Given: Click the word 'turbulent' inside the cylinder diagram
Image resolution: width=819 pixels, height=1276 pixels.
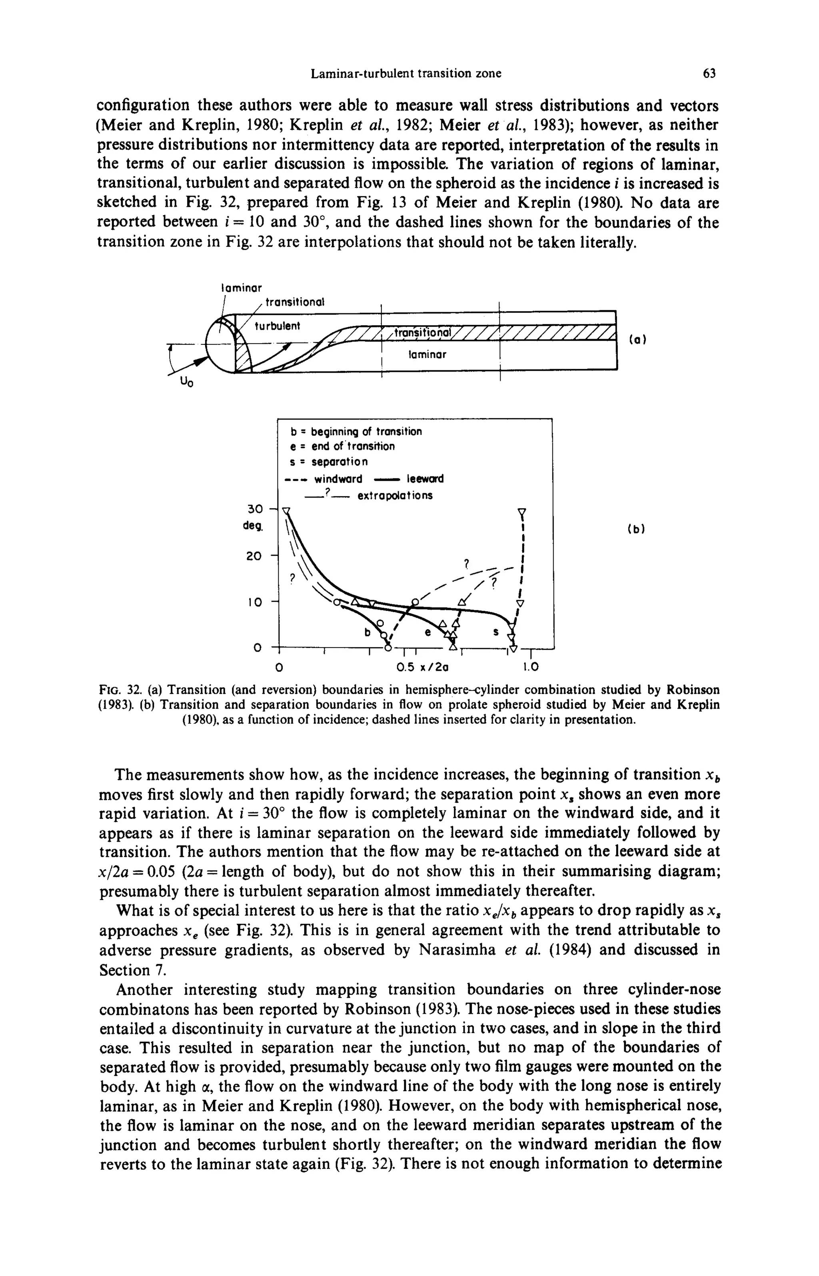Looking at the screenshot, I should point(277,325).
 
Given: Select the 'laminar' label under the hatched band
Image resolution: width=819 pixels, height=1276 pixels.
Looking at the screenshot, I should point(427,354).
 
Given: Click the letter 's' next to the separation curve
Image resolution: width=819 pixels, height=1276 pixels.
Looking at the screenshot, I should point(496,632).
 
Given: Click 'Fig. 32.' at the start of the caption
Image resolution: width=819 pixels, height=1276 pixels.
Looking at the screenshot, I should point(121,690).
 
